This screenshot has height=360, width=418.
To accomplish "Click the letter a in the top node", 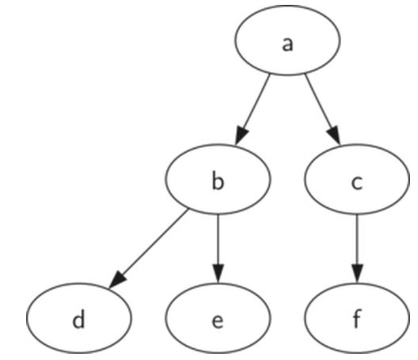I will tap(287, 44).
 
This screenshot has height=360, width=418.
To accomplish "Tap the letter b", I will tap(217, 182).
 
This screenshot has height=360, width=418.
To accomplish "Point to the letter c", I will tap(357, 182).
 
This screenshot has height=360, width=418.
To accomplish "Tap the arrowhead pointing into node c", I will tap(334, 136).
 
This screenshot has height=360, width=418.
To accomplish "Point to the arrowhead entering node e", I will tap(217, 273).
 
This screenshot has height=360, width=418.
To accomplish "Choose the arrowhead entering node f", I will tap(357, 273).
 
